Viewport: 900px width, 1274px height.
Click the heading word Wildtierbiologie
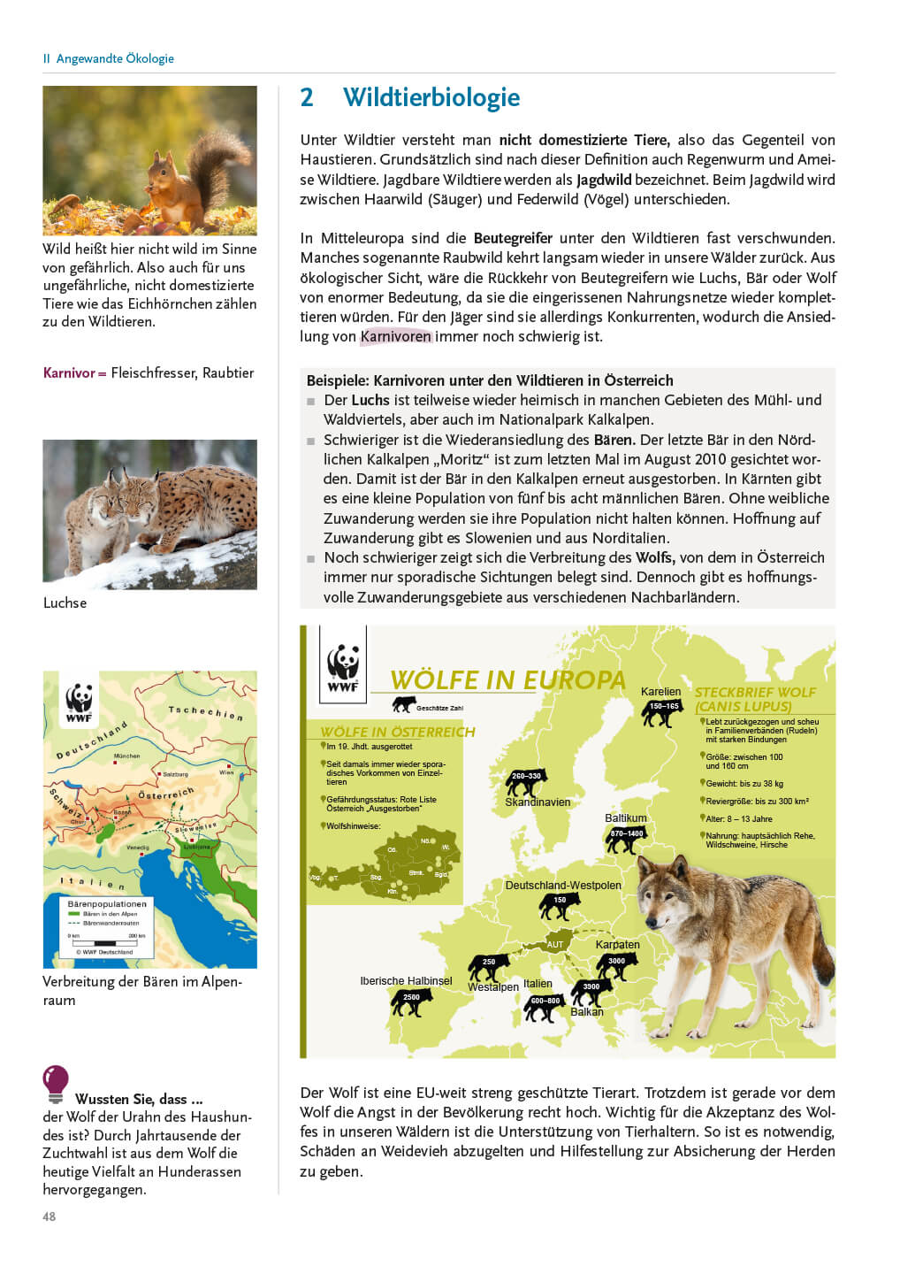pyautogui.click(x=431, y=97)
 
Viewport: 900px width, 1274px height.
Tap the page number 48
pyautogui.click(x=50, y=1216)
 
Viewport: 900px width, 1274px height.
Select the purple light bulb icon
pyautogui.click(x=56, y=1081)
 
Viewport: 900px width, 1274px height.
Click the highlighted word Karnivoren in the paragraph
pyautogui.click(x=396, y=336)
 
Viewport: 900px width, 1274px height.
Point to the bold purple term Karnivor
pyautogui.click(x=69, y=372)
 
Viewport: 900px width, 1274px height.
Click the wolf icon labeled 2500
pyautogui.click(x=412, y=1002)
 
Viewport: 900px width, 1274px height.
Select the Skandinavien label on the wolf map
pyautogui.click(x=538, y=802)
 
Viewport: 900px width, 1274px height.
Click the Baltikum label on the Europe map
pyautogui.click(x=626, y=818)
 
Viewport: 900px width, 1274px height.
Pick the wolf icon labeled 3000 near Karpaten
pyautogui.click(x=617, y=965)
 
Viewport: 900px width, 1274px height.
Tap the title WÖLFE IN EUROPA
pyautogui.click(x=507, y=680)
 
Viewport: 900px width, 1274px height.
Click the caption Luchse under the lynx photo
pyautogui.click(x=65, y=603)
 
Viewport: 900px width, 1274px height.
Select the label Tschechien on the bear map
pyautogui.click(x=206, y=712)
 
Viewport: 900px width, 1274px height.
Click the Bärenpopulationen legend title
pyautogui.click(x=107, y=904)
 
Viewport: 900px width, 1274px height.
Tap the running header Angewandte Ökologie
pyautogui.click(x=115, y=58)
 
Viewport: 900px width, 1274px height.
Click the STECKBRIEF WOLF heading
pyautogui.click(x=755, y=693)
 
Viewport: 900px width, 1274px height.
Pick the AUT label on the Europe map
pyautogui.click(x=555, y=944)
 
